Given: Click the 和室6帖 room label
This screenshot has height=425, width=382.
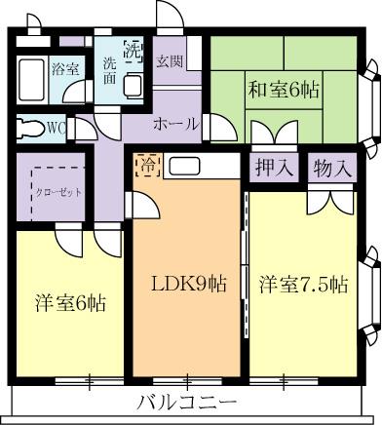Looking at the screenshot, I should pos(286,91).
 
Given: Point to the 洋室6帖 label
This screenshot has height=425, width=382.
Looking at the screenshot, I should pos(71,303).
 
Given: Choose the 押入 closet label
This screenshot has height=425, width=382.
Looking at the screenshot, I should pos(274,167).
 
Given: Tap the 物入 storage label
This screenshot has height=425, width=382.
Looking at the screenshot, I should pos(332,167).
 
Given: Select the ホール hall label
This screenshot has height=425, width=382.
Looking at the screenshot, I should pos(176,125).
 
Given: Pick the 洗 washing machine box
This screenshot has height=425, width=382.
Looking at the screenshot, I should pos(134,52).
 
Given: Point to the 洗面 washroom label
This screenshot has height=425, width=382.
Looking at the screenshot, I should pos(109,73).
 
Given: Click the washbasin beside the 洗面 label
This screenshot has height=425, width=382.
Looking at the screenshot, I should pos(134,80).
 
